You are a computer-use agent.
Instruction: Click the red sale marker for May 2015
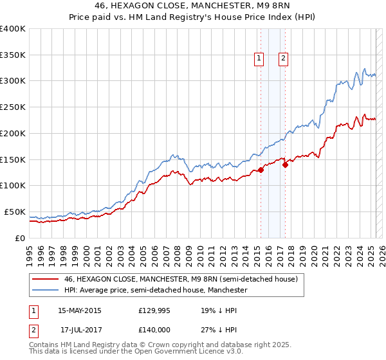tap(261, 170)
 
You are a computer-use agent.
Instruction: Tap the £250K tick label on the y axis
tap(14, 107)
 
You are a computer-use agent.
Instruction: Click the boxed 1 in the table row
tap(34, 310)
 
